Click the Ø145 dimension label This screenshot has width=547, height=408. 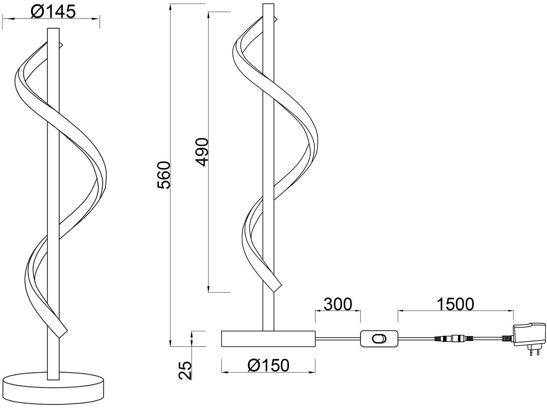coord(53,11)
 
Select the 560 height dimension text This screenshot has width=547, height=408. coord(164,175)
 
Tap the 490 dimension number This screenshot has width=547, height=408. coord(202,152)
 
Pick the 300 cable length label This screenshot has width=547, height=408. coord(338,304)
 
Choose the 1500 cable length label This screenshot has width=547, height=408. coord(455,304)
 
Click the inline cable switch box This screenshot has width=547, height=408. coord(379,338)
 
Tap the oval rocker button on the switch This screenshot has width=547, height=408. coord(379,339)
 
